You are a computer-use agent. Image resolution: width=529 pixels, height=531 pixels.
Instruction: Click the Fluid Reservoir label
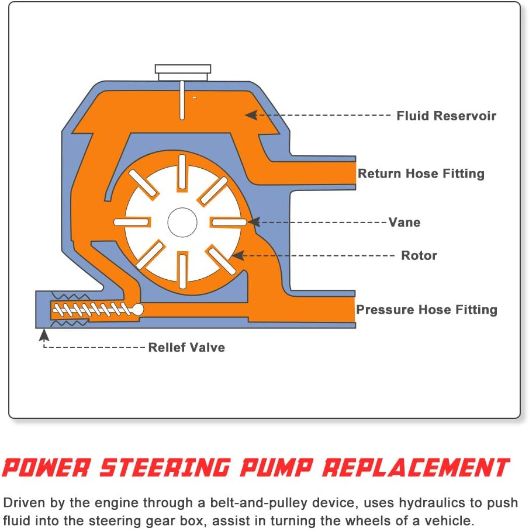point(446,116)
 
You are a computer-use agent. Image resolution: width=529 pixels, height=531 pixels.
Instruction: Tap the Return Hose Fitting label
point(421,173)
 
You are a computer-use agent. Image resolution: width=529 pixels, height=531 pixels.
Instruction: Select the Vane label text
point(404,223)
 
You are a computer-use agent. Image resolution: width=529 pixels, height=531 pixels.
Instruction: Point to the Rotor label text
point(419,255)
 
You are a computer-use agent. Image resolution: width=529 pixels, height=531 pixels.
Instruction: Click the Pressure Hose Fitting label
point(427,310)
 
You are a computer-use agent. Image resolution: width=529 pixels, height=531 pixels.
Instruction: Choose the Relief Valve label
point(186,348)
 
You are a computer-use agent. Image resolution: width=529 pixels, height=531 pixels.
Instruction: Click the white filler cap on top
point(182,72)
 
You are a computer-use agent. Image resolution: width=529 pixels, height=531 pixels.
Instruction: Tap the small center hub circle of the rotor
point(182,222)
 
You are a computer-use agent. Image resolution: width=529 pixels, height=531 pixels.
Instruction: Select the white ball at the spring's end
point(138,309)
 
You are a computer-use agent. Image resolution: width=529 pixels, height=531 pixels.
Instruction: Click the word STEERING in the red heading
point(165,468)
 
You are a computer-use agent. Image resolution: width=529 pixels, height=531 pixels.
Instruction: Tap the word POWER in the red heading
point(46,468)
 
